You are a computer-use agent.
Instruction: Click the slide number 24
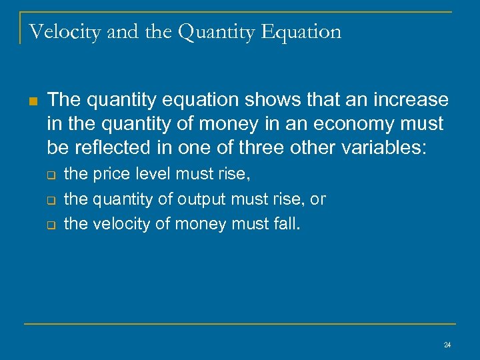(x=447, y=345)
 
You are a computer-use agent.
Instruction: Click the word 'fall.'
(x=287, y=224)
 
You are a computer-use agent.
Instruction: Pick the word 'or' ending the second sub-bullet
(x=319, y=199)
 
